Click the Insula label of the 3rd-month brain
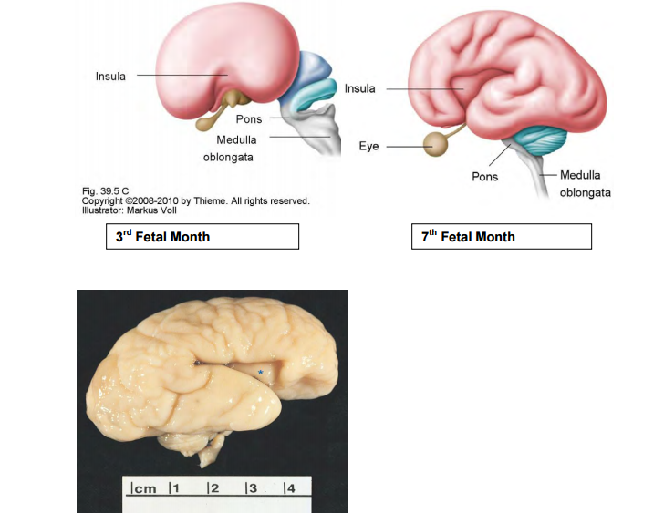(x=110, y=76)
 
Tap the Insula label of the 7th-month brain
(x=359, y=88)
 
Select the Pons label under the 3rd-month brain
(x=249, y=119)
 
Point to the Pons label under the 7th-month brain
(x=484, y=176)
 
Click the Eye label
(x=369, y=146)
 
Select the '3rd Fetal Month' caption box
(x=202, y=237)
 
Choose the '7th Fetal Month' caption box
(x=501, y=237)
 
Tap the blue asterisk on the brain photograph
(x=260, y=372)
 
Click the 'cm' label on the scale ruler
(x=144, y=489)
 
